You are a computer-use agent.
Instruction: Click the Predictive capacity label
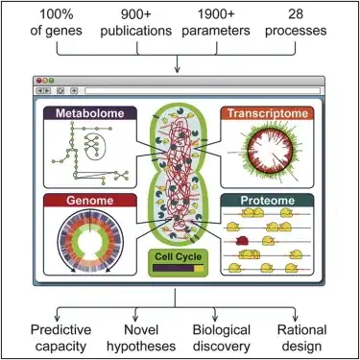point(45,337)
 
